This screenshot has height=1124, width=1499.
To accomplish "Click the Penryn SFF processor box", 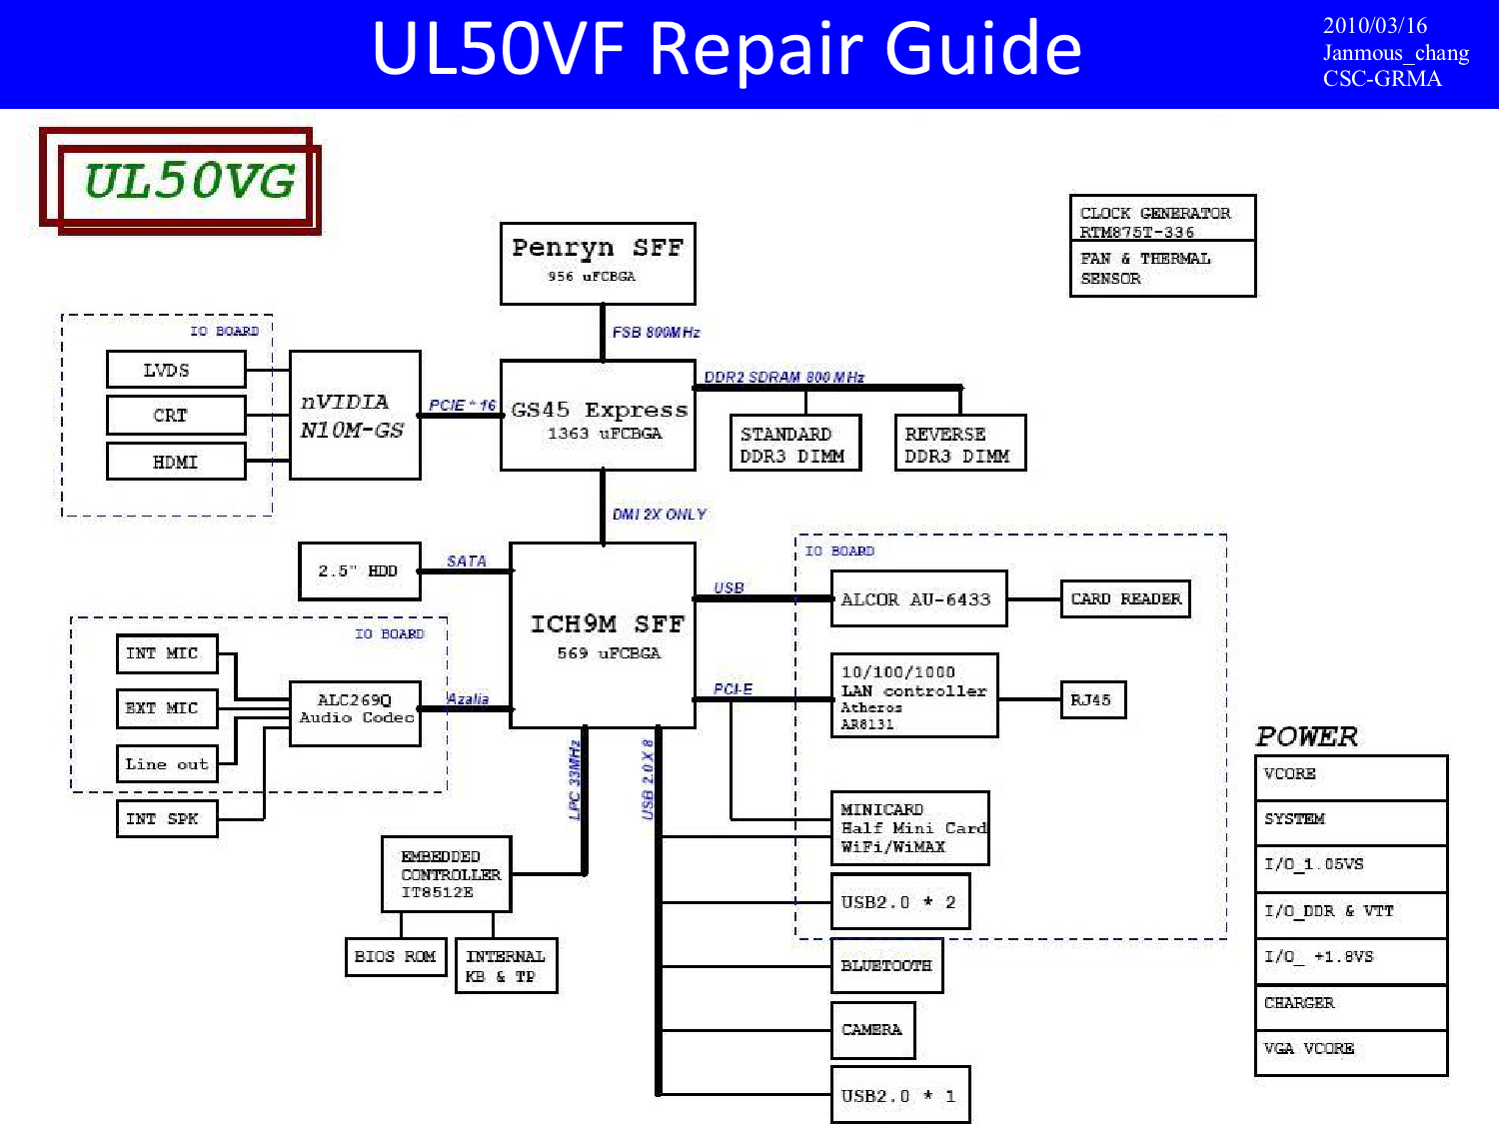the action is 598,264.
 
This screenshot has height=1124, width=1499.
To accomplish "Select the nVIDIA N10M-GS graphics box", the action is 355,415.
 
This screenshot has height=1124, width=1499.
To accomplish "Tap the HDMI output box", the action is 176,462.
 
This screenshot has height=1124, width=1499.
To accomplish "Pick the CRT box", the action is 176,415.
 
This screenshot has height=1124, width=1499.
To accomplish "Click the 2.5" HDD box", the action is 359,571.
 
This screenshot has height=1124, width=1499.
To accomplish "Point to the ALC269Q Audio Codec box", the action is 355,713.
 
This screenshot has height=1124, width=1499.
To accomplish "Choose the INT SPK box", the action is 167,818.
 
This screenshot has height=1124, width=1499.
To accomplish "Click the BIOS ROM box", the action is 396,957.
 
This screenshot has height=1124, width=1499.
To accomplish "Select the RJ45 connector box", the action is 1093,699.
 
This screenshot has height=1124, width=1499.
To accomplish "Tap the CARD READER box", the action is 1125,599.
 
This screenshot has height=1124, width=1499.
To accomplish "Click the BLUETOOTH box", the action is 887,966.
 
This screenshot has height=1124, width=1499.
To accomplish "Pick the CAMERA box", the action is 872,1030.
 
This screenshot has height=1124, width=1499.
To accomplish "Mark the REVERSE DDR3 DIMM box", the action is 960,443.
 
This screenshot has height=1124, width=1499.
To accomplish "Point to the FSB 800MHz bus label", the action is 656,333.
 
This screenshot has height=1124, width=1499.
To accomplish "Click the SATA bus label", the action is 467,561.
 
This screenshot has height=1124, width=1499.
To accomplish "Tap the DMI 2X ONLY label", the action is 659,514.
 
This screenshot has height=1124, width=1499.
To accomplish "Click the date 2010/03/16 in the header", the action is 1375,26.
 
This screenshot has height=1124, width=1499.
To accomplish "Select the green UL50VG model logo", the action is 190,181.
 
